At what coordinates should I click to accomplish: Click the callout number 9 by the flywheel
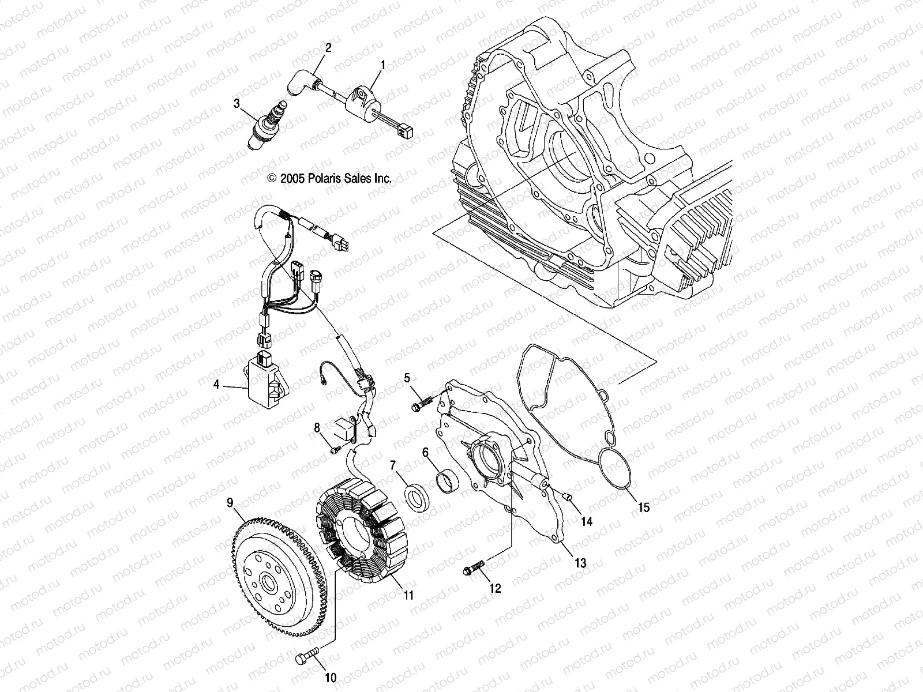(230, 503)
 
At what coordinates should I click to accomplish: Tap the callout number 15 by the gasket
(643, 507)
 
